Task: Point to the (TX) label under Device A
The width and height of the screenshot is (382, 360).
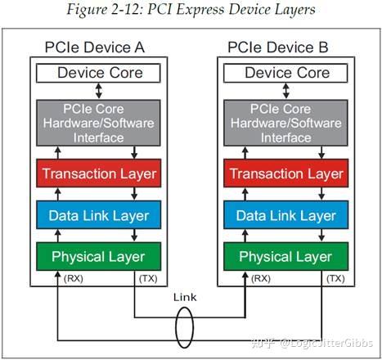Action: coord(149,279)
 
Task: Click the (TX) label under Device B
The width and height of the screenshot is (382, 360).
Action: coord(336,279)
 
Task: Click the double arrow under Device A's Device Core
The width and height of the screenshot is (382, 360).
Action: coord(98,92)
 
